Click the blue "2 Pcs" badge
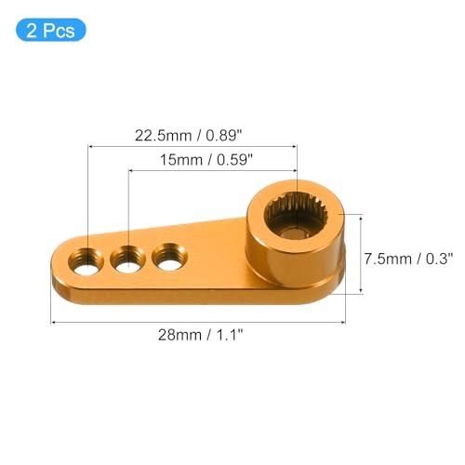coord(51,30)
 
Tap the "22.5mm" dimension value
coord(163,136)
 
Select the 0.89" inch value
coord(224,136)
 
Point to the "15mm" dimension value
coord(181,160)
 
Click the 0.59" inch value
coord(235,160)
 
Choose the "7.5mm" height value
coord(388,259)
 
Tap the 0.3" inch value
coord(440,259)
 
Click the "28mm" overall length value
coord(179,335)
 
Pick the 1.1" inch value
coord(230,335)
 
